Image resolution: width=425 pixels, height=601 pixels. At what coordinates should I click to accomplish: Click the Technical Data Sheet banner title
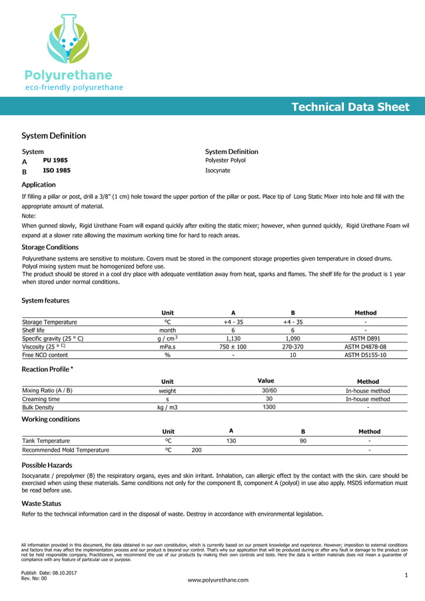[350, 107]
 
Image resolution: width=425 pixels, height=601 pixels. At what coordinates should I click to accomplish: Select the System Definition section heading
[53, 136]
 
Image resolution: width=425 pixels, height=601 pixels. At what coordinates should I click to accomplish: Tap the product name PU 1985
[55, 161]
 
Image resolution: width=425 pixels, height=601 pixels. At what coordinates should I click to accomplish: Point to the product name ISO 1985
[57, 171]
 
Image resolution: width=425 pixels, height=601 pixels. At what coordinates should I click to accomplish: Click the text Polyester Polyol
[225, 161]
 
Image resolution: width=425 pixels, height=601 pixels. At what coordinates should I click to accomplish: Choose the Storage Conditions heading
[50, 247]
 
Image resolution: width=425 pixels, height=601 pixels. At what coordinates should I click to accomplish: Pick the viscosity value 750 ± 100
[233, 346]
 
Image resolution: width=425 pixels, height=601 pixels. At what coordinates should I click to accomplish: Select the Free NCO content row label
[45, 355]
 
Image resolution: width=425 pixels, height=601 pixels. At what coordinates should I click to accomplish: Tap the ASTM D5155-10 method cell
[365, 355]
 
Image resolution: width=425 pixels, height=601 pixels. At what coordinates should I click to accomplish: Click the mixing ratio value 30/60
[268, 390]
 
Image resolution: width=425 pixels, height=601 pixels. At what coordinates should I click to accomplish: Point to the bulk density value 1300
[268, 407]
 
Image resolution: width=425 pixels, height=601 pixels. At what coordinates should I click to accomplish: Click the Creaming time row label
[41, 399]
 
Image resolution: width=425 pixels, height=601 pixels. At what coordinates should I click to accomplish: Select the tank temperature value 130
[231, 441]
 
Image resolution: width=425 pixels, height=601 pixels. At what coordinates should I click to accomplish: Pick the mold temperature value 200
[197, 450]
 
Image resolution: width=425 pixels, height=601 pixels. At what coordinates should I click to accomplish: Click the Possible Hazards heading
[47, 464]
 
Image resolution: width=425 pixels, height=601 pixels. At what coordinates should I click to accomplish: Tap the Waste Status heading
[41, 504]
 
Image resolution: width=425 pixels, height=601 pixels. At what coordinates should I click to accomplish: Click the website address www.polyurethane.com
[218, 580]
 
